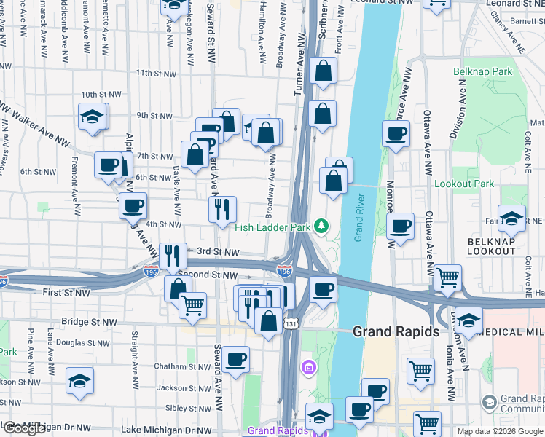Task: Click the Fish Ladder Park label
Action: tap(273, 227)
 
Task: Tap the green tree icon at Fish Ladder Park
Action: tap(321, 227)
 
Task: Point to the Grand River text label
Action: tap(358, 218)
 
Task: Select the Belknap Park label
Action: tap(482, 72)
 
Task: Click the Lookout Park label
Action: tap(464, 184)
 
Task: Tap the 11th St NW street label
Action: tap(156, 74)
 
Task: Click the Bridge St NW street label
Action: tap(90, 321)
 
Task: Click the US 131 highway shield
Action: tap(291, 323)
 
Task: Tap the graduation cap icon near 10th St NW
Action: tap(93, 116)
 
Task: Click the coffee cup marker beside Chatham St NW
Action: tap(235, 359)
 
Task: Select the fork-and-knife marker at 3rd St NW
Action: tap(173, 254)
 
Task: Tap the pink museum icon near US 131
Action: tap(308, 364)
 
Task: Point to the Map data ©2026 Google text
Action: tap(499, 431)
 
